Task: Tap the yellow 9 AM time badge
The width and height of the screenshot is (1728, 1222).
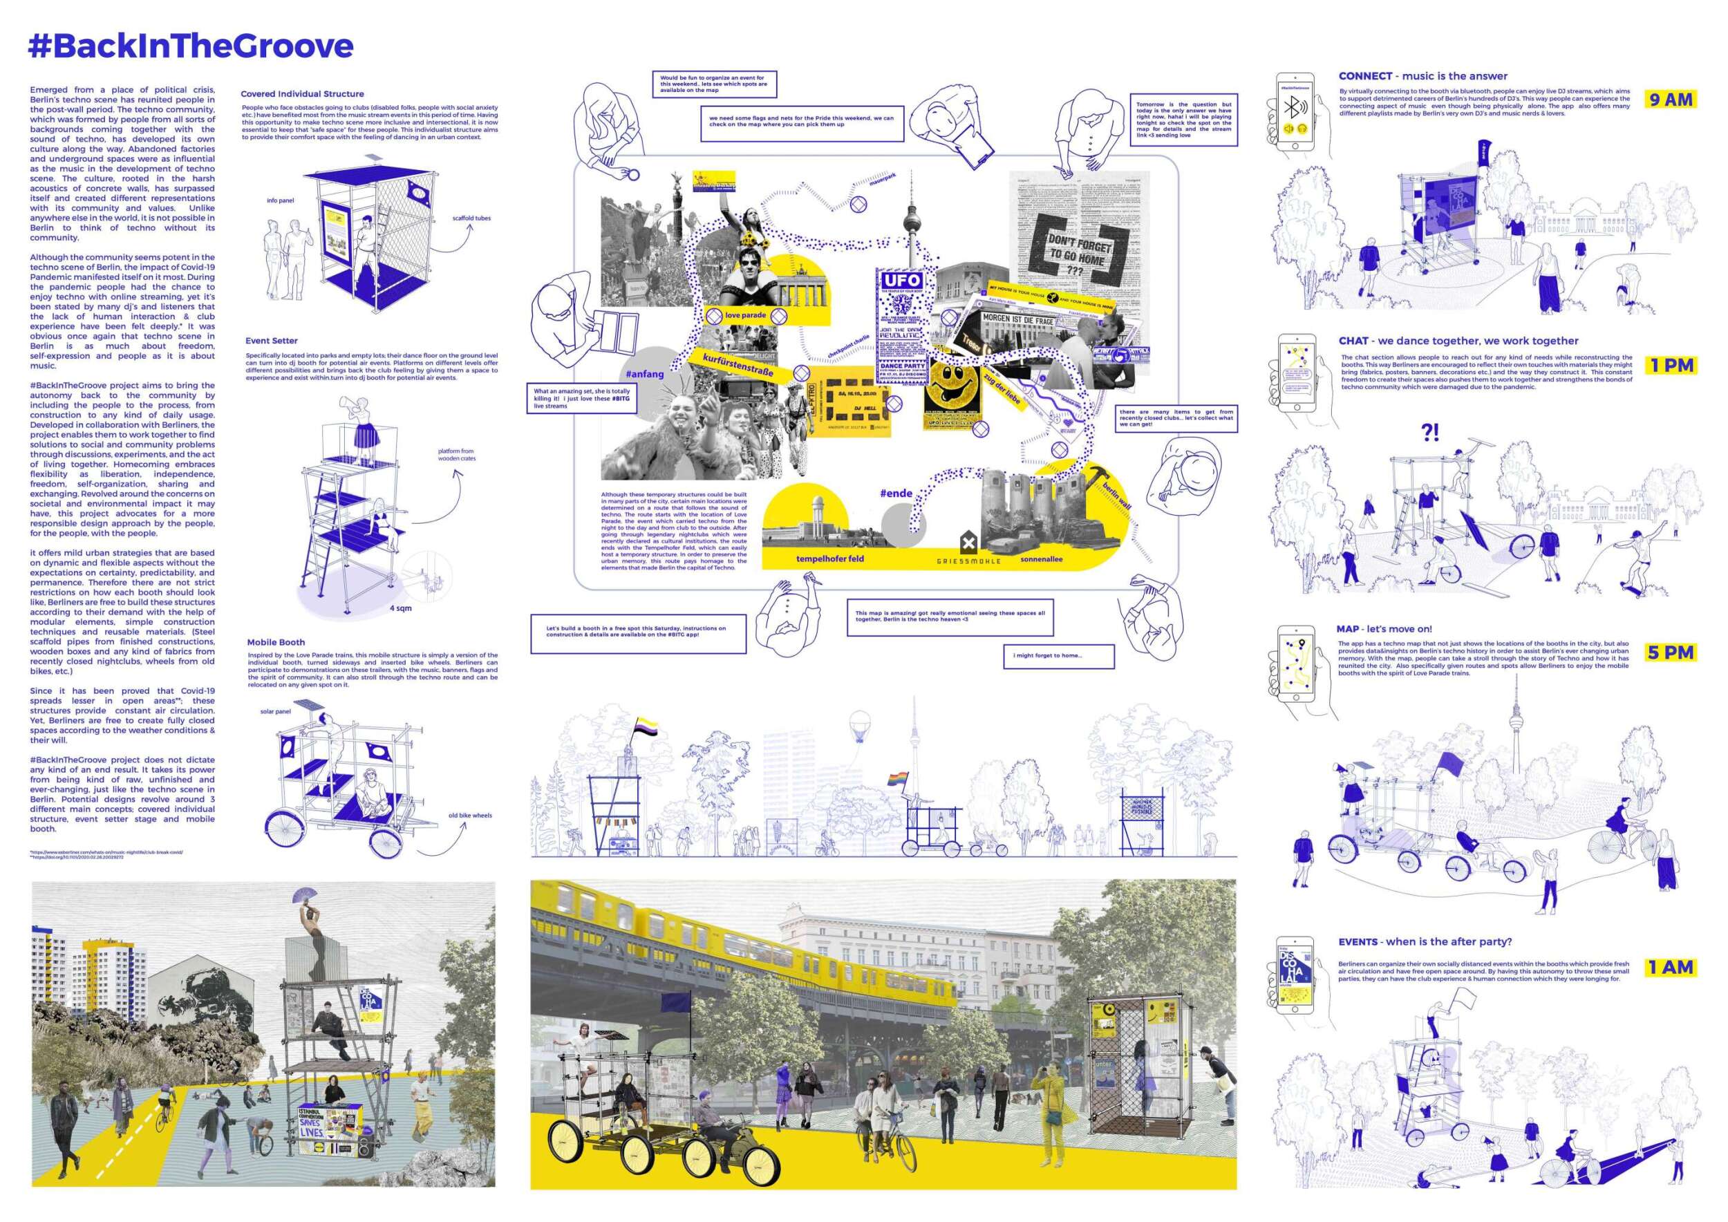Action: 1670,100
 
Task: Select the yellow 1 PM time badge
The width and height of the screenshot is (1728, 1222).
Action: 1670,366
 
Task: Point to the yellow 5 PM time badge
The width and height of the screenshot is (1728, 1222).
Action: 1670,652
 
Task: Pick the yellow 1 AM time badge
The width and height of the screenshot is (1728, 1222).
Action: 1670,967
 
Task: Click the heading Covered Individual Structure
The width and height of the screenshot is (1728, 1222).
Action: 302,94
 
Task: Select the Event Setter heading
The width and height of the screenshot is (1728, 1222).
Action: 271,341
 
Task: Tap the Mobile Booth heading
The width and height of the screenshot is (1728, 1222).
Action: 276,643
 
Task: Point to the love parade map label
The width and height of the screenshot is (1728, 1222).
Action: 745,315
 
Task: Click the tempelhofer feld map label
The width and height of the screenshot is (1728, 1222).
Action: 829,559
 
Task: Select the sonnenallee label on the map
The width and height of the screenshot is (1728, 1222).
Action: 1042,559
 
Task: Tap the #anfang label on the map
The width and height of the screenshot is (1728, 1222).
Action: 644,374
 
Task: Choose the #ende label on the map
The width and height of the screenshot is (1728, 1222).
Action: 896,493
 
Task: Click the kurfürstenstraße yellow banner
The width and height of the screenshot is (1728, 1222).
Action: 738,366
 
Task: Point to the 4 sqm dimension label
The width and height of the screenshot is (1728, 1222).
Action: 400,608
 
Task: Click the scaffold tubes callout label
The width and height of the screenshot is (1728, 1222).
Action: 471,218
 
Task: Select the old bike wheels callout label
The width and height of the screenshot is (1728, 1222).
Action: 469,816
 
